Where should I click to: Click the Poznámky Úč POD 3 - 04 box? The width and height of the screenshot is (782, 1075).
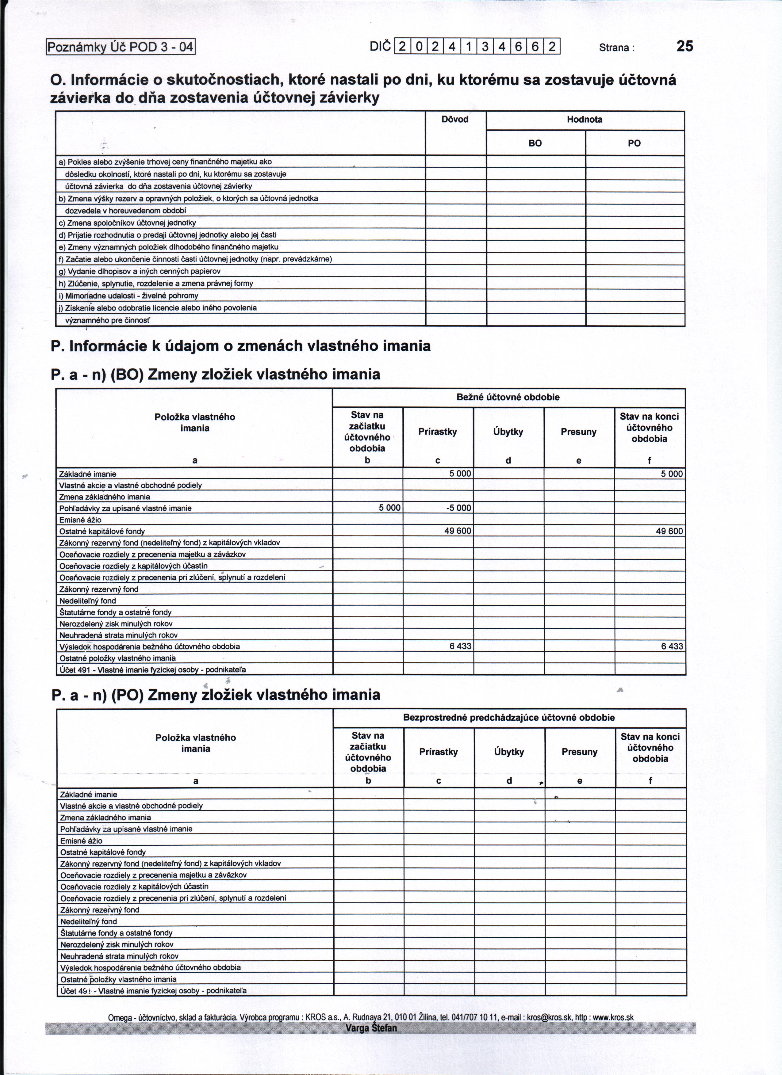121,47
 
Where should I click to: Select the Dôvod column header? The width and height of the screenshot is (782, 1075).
455,120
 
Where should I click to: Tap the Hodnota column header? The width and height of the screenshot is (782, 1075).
585,120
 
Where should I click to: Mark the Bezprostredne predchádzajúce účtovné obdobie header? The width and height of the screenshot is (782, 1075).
509,718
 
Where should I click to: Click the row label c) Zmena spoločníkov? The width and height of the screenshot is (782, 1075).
127,223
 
